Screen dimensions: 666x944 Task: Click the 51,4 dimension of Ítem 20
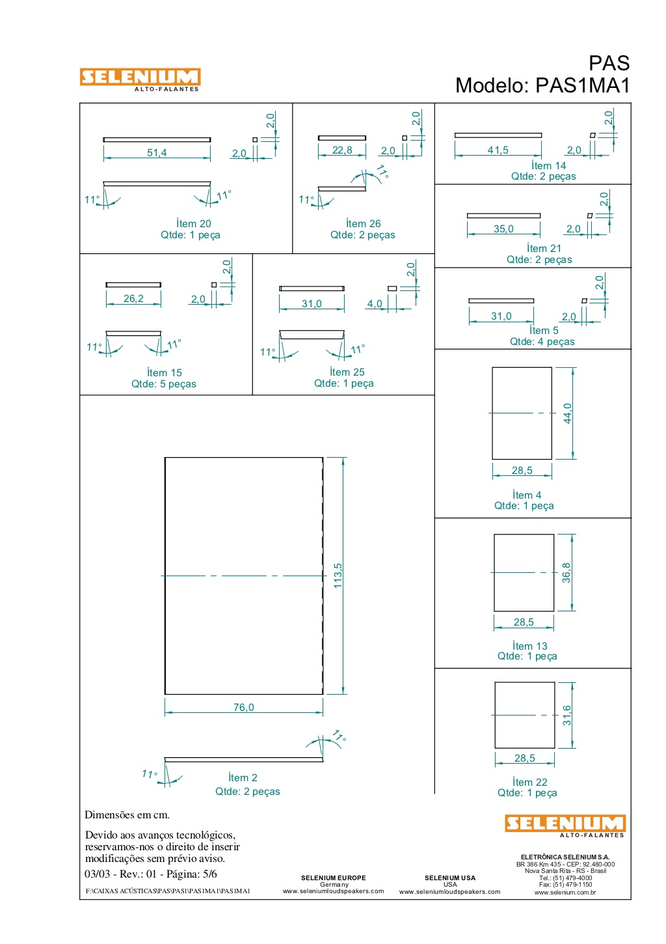point(157,152)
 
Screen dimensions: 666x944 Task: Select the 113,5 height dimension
point(338,576)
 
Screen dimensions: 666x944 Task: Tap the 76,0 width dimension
point(244,708)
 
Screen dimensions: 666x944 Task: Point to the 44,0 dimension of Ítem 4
point(568,413)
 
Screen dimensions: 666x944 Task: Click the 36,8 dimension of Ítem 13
point(566,573)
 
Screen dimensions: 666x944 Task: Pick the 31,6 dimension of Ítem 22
point(567,715)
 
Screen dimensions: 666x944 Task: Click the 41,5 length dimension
point(498,150)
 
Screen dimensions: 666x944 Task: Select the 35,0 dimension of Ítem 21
point(503,229)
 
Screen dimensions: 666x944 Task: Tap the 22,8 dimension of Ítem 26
point(342,150)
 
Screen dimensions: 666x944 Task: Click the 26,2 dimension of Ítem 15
point(133,298)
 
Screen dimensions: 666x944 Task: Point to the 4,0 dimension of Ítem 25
point(375,303)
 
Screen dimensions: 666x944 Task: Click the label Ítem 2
point(243,777)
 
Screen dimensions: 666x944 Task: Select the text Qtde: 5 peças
point(164,384)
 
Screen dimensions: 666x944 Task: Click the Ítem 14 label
point(548,165)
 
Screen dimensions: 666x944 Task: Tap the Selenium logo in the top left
point(140,79)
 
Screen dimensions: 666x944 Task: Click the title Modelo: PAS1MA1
point(542,85)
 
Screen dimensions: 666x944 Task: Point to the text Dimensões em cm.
point(127,814)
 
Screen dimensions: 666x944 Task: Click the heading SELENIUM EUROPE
point(334,878)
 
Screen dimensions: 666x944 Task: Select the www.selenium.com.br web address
point(565,892)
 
